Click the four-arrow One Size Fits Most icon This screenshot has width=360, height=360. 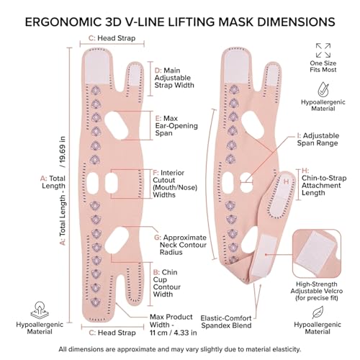pos(323,50)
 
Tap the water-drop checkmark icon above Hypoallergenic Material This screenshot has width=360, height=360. pos(323,89)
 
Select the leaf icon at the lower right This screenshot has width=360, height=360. pos(318,312)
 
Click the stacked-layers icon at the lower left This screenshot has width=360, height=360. pos(40,310)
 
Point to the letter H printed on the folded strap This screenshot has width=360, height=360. pos(287,181)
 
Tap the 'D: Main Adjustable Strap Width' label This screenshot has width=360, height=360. pos(174,78)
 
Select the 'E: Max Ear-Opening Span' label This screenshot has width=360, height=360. pos(176,126)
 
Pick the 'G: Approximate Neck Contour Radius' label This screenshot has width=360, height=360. pos(180,245)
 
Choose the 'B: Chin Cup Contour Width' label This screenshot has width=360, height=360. pos(167,283)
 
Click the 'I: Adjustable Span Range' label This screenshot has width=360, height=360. pos(318,139)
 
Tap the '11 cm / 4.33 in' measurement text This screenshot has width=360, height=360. pos(174,333)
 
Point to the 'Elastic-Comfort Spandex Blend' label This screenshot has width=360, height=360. pos(226,322)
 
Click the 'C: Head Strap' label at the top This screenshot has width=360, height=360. pos(112,38)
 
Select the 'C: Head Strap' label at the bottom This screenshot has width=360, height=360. pos(112,333)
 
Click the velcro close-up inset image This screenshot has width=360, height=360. pos(317,254)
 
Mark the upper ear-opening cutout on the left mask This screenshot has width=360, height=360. pos(116,126)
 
